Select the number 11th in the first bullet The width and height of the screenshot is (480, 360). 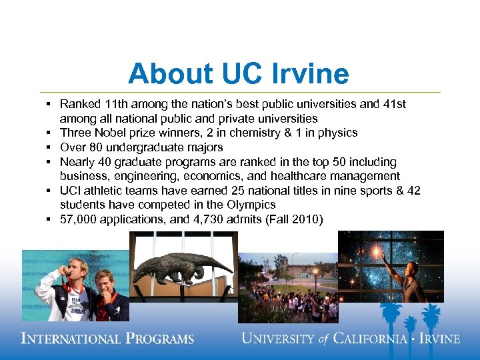pyautogui.click(x=118, y=104)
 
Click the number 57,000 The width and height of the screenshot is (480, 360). pyautogui.click(x=79, y=219)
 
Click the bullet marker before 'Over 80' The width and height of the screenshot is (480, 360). pyautogui.click(x=50, y=147)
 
